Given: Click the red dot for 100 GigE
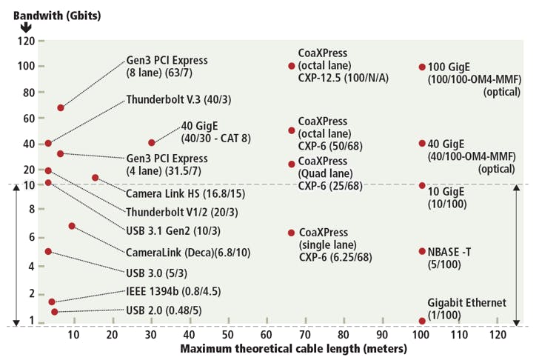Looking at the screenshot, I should (422, 67).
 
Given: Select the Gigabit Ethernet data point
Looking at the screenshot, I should (422, 321).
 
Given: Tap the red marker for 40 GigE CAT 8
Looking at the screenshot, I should (152, 142).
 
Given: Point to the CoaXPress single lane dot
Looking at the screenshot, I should (292, 233).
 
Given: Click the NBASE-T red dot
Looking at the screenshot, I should (422, 251).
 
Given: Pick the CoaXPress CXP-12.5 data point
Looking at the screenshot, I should (292, 66).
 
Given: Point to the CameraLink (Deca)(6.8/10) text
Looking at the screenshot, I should (188, 252).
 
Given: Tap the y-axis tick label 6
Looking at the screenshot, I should (30, 237).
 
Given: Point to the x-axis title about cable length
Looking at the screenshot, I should (294, 348).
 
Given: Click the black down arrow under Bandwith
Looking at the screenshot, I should (26, 27).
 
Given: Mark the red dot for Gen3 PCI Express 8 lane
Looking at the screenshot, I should (61, 108).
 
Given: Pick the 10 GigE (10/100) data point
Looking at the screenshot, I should (422, 185).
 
